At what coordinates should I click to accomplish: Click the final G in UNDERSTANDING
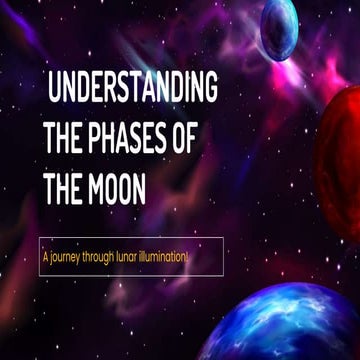tap(210, 90)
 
